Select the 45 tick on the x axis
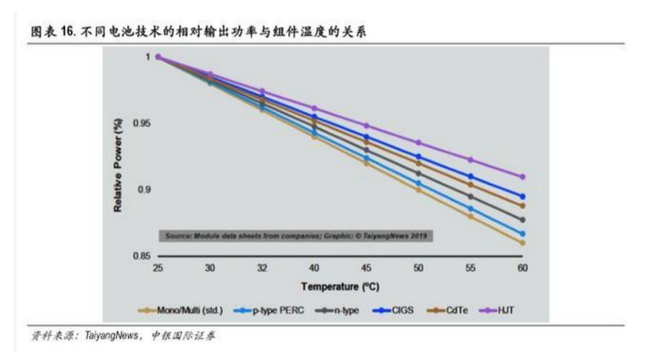[x=366, y=268]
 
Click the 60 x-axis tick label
[x=522, y=268]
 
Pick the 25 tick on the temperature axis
[x=158, y=268]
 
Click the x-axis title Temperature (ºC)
[x=340, y=287]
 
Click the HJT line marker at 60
[x=522, y=176]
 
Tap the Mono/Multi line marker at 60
[x=522, y=243]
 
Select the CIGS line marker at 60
[x=522, y=197]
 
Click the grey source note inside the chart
[x=297, y=236]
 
